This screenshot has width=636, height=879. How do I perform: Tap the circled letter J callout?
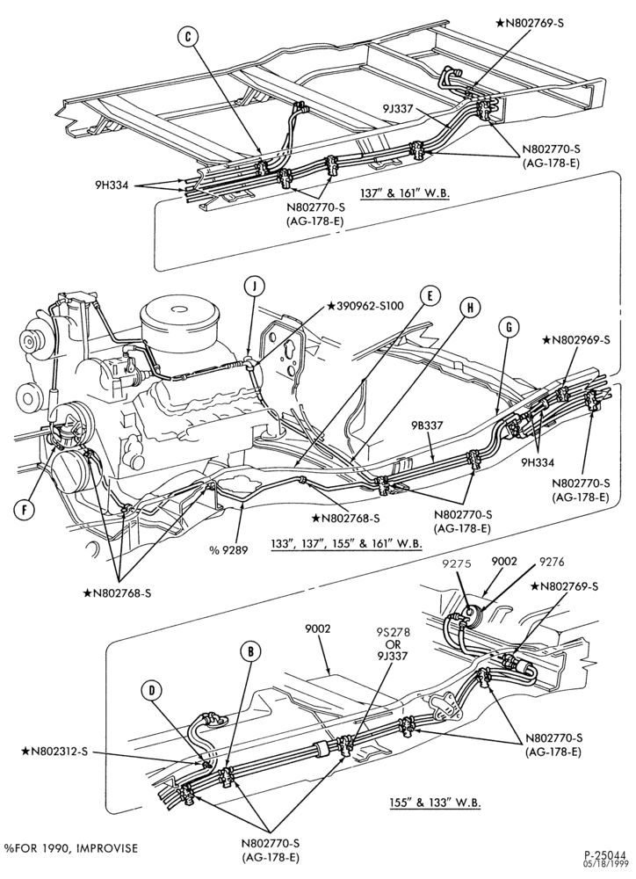254,287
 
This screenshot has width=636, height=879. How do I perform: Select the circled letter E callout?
430,297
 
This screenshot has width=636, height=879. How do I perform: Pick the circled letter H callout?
471,307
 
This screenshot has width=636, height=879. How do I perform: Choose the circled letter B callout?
251,651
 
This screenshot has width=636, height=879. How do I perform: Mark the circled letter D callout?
151,692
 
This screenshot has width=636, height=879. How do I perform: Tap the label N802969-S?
575,339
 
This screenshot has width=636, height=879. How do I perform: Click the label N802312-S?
55,752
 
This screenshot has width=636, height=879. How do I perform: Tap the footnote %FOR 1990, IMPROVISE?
70,849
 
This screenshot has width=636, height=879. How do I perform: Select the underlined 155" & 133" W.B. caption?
435,803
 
